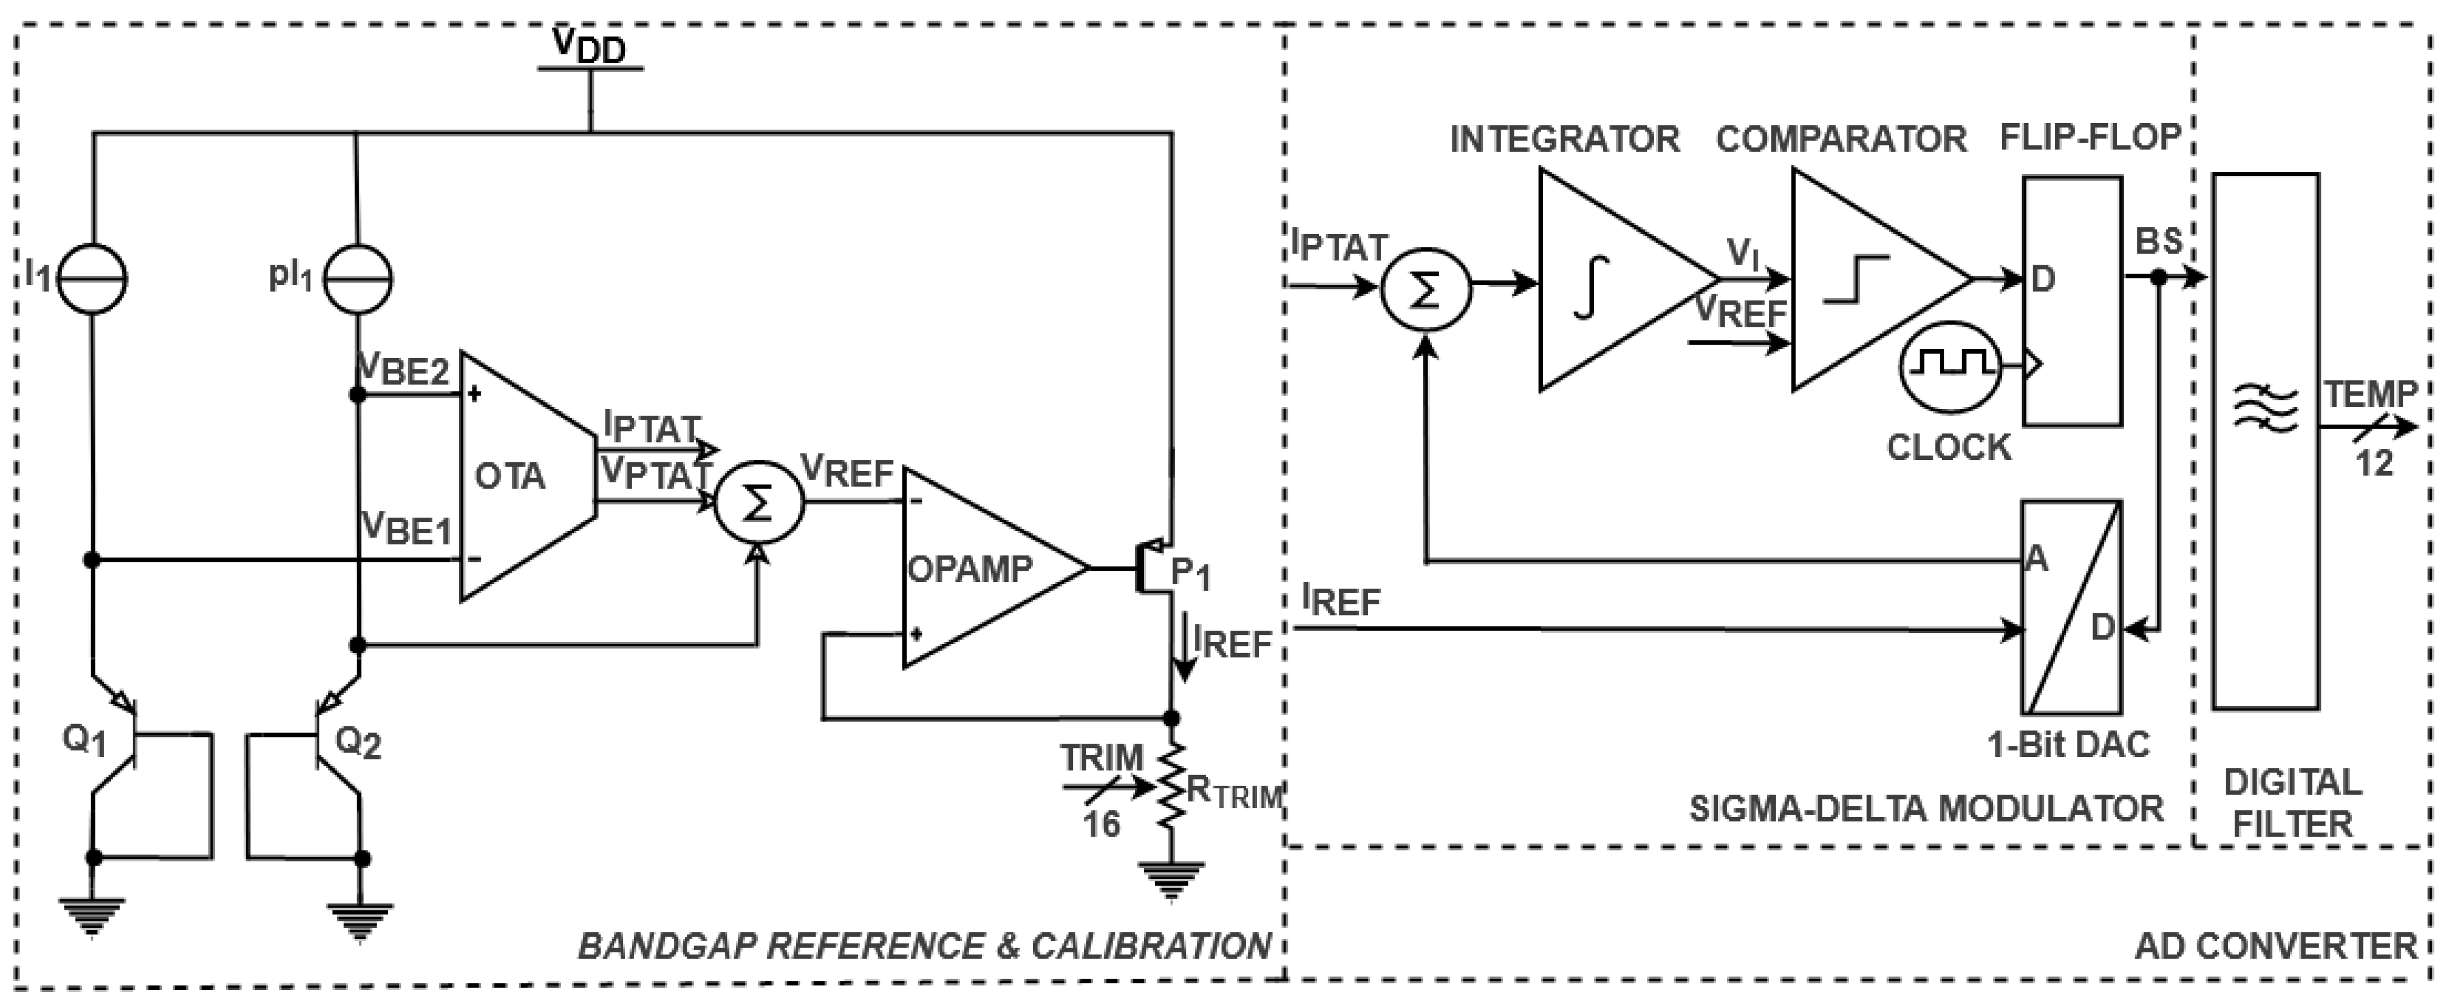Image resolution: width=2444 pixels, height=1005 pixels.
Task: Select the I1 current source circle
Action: [92, 278]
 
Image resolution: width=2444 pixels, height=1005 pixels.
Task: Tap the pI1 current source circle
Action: [358, 278]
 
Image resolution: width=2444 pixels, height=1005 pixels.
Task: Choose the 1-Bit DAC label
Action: [2068, 744]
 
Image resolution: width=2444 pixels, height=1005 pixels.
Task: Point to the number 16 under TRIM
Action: [1101, 824]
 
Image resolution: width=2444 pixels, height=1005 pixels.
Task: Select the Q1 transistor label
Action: [83, 740]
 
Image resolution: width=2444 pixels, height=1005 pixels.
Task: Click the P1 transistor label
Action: [1191, 573]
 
